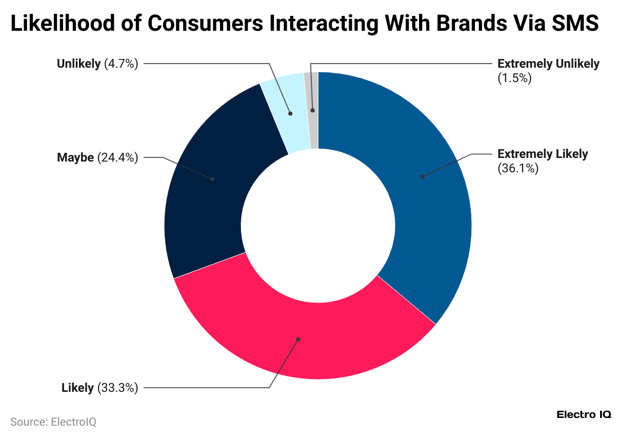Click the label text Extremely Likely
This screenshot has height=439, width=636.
click(x=543, y=154)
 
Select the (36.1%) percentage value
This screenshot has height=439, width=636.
click(x=518, y=168)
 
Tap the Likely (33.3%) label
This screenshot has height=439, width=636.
click(x=100, y=388)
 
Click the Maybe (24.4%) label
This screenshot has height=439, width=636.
click(x=97, y=157)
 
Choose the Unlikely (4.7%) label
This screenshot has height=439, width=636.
click(x=97, y=64)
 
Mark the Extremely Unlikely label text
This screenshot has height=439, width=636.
click(x=548, y=64)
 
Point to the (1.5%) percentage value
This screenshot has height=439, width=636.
click(x=514, y=78)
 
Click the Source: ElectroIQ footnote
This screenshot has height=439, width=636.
click(x=53, y=422)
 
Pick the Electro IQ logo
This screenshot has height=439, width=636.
click(x=584, y=414)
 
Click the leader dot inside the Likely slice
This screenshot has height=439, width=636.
click(x=298, y=339)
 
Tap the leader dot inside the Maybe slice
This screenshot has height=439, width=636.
click(x=212, y=179)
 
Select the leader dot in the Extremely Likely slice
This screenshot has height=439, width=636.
click(x=422, y=177)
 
